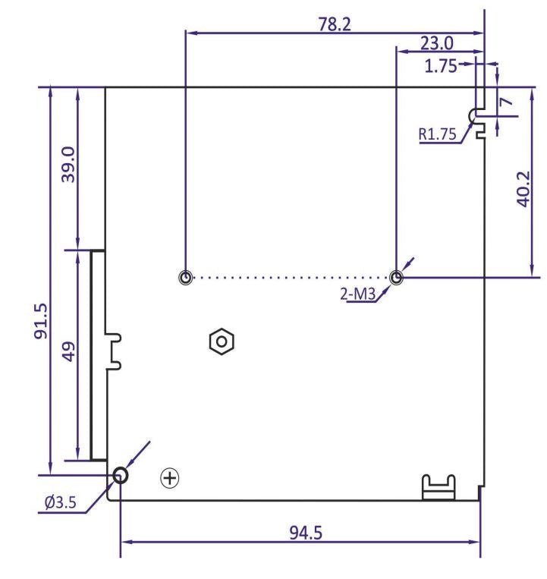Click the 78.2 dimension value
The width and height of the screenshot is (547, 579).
click(x=335, y=24)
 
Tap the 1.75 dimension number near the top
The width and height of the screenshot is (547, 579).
click(x=441, y=66)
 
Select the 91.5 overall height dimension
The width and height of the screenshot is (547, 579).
click(x=41, y=320)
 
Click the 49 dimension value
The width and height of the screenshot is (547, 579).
click(x=68, y=353)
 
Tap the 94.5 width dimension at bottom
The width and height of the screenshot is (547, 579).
click(x=305, y=531)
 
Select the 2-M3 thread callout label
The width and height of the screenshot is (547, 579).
click(x=359, y=294)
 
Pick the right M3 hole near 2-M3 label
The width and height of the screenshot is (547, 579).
click(x=397, y=278)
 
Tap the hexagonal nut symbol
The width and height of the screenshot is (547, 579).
click(x=221, y=341)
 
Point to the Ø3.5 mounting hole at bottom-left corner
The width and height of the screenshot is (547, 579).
click(x=121, y=476)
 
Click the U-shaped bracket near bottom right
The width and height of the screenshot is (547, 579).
click(x=438, y=487)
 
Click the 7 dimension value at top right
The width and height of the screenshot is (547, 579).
click(x=505, y=98)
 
